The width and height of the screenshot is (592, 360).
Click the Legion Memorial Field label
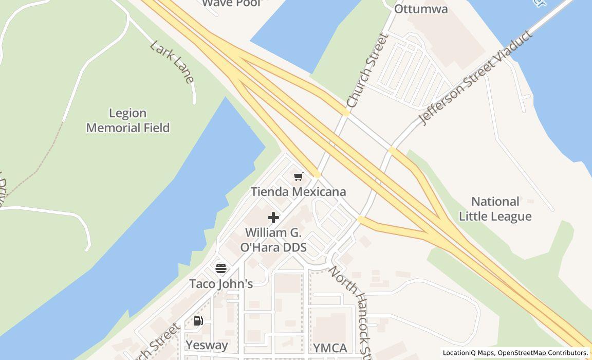coord(127,120)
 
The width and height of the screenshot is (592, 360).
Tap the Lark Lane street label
coord(172,61)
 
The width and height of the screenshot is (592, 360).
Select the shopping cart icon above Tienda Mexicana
coord(298,177)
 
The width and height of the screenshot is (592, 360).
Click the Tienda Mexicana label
coord(298,192)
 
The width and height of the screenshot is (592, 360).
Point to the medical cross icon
coord(273,218)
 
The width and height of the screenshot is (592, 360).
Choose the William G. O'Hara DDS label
coord(273,240)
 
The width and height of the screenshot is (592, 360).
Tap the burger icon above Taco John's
coord(221,268)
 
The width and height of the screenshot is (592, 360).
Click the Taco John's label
coord(221,284)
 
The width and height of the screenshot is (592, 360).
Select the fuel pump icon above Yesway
coord(198,321)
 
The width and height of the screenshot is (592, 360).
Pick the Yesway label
coord(207,345)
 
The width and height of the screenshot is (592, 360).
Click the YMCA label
coord(330,348)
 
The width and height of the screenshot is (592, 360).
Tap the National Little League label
coord(495,209)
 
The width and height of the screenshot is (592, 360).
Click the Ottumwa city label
coord(421,9)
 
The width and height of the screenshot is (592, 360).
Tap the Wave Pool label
coord(232,3)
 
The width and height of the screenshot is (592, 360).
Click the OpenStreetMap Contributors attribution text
coord(542,353)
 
